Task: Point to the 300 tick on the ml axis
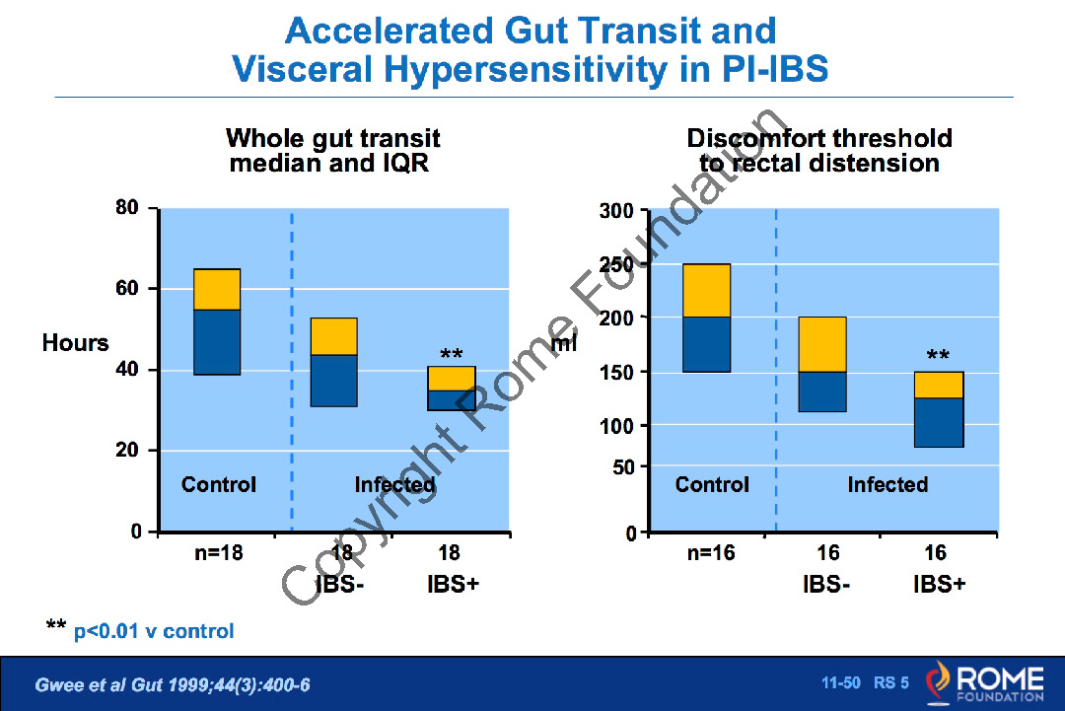[x=617, y=212]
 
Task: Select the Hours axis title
[x=75, y=343]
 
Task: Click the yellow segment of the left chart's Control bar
[x=217, y=289]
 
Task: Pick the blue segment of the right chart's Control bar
[x=707, y=344]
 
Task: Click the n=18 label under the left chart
[x=218, y=553]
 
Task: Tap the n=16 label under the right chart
[x=711, y=553]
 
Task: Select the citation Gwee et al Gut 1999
[x=173, y=684]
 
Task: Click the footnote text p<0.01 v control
[x=154, y=631]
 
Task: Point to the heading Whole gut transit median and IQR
[x=332, y=151]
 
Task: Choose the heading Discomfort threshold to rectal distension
[x=819, y=151]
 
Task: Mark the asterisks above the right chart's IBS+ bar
[x=938, y=357]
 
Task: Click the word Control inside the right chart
[x=712, y=485]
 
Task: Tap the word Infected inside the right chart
[x=887, y=485]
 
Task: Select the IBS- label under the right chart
[x=826, y=584]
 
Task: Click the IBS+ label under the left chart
[x=453, y=584]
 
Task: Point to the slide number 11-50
[x=841, y=682]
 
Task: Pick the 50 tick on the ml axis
[x=623, y=467]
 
